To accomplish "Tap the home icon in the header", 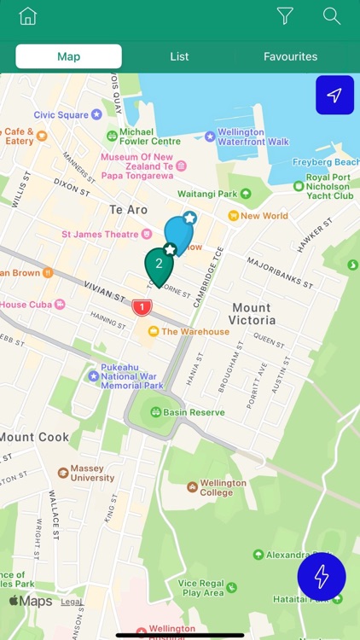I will [28, 16].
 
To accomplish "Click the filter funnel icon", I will [285, 16].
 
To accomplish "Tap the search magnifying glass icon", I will [332, 16].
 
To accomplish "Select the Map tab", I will [68, 56].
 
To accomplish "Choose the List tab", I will [179, 56].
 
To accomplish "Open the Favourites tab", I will [290, 56].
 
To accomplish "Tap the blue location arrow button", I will [334, 96].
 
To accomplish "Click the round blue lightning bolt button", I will [322, 578].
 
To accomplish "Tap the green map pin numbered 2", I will [159, 265].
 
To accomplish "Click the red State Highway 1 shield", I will [142, 306].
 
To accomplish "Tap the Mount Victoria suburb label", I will [252, 313].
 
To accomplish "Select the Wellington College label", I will [223, 488].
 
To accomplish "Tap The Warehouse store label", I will [195, 331].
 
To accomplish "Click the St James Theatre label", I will [100, 234].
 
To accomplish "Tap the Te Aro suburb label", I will [128, 209].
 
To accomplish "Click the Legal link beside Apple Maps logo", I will [72, 602].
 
